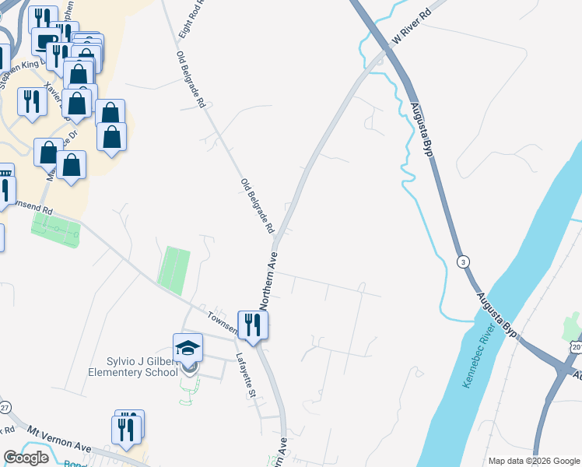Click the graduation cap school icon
[188, 347]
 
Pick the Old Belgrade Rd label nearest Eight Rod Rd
[191, 79]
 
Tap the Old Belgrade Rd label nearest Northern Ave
[258, 206]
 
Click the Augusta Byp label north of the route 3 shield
[420, 128]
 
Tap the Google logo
[26, 458]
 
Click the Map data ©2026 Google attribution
[533, 461]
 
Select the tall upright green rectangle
[174, 268]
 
